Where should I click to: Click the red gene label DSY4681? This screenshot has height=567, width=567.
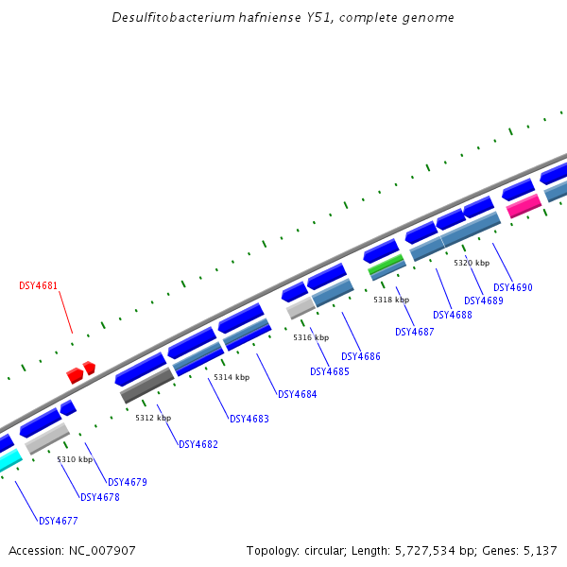click(x=38, y=285)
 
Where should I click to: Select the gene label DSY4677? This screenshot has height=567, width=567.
click(x=58, y=521)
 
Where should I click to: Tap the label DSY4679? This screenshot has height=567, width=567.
click(x=128, y=482)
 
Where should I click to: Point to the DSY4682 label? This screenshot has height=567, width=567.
click(x=198, y=444)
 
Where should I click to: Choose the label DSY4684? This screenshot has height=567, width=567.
click(x=297, y=394)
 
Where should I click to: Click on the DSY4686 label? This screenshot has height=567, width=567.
click(x=360, y=356)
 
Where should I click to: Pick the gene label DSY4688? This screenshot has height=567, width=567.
click(x=452, y=315)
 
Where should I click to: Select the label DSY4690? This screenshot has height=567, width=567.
click(x=513, y=287)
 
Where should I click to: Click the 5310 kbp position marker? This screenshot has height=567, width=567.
click(x=75, y=459)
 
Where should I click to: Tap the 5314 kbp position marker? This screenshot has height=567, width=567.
click(x=232, y=377)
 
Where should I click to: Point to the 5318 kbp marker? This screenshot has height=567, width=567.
click(x=391, y=300)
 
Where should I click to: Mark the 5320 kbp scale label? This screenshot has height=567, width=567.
click(x=472, y=263)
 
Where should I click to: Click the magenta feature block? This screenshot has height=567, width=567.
click(x=524, y=205)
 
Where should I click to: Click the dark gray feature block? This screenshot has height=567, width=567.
click(x=146, y=386)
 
